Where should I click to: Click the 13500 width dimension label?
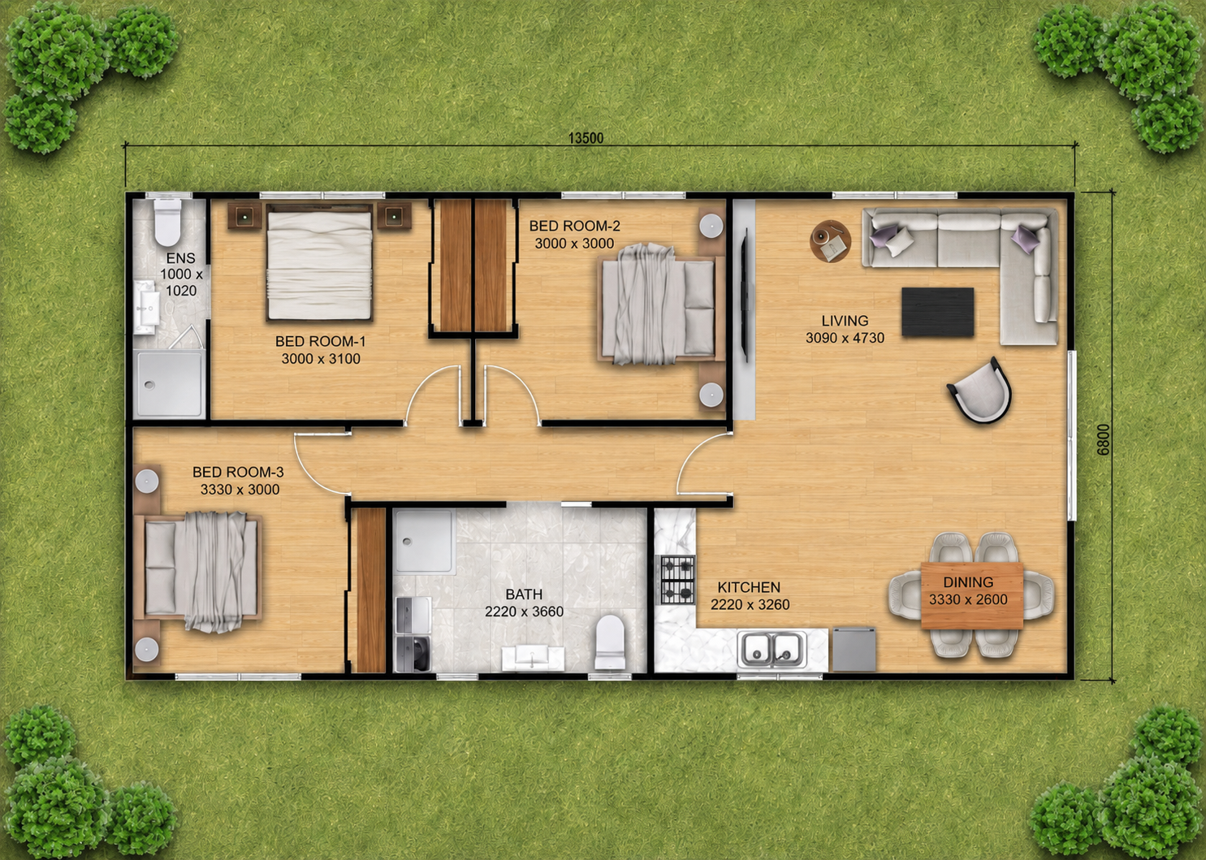pyautogui.click(x=586, y=138)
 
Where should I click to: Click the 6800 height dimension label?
pyautogui.click(x=1103, y=439)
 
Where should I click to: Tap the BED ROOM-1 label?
pyautogui.click(x=320, y=341)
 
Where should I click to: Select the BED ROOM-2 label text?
pyautogui.click(x=574, y=226)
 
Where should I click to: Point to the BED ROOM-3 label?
pyautogui.click(x=238, y=472)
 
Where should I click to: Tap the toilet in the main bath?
pyautogui.click(x=610, y=642)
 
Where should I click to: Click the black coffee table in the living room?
pyautogui.click(x=938, y=313)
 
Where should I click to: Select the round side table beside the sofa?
pyautogui.click(x=830, y=241)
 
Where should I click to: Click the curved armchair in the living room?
pyautogui.click(x=981, y=390)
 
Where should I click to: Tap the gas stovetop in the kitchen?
pyautogui.click(x=678, y=580)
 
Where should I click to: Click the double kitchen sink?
pyautogui.click(x=772, y=649)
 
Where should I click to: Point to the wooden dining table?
pyautogui.click(x=972, y=595)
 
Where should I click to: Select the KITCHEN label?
pyautogui.click(x=749, y=586)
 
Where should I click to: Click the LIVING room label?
pyautogui.click(x=845, y=321)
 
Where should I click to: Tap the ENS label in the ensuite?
pyautogui.click(x=180, y=258)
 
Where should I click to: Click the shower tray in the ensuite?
pyautogui.click(x=169, y=383)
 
